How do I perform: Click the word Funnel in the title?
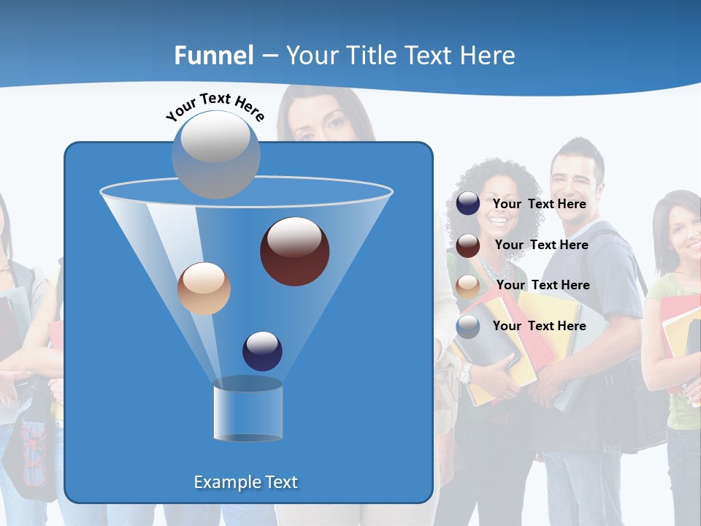pos(214,56)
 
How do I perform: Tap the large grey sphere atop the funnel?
pos(215,154)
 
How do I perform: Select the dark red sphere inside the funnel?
pos(294,251)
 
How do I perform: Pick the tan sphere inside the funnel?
pos(204,289)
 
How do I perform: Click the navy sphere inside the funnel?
pos(262,351)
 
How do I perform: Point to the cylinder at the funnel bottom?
pos(248,413)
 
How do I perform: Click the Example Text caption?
pos(245,482)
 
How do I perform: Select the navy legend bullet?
pos(468,204)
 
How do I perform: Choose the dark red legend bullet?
pos(468,245)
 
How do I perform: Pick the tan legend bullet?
pos(468,286)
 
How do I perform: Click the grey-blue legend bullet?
pos(468,327)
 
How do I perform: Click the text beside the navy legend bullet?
pos(539,204)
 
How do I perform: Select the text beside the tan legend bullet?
pos(543,285)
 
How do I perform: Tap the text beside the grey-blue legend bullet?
pos(539,326)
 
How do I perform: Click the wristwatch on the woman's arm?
pos(465,374)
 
